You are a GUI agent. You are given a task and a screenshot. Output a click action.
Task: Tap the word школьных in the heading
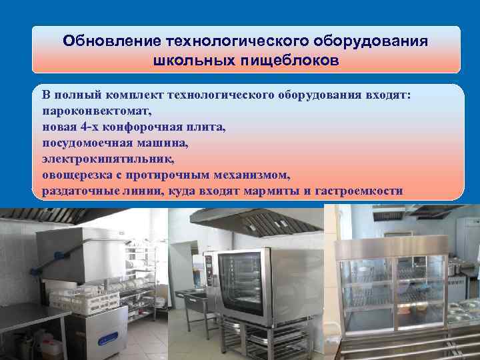pos(189,61)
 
